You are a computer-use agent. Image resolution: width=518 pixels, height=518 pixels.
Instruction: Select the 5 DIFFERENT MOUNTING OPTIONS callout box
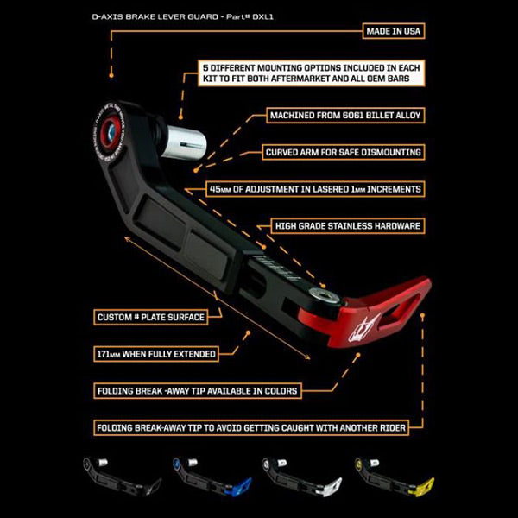tap(313, 72)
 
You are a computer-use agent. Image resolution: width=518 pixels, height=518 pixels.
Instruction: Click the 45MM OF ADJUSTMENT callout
tap(326, 188)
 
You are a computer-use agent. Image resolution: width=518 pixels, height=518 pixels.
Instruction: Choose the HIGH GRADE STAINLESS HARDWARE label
tap(349, 226)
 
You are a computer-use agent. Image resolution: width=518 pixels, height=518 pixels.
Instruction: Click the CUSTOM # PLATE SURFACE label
tap(151, 317)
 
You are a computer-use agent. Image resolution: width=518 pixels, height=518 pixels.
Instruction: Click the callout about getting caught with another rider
tap(250, 426)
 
